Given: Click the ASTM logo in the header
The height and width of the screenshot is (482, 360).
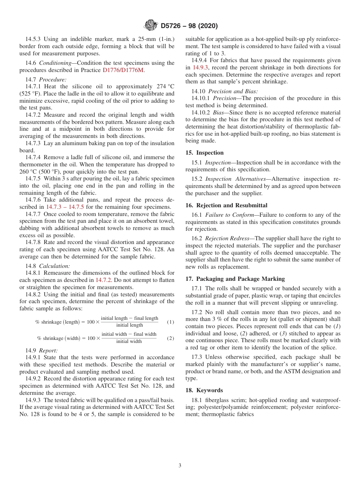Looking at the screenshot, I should pos(151,26).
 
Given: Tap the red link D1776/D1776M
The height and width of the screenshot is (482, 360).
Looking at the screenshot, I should pos(123,70).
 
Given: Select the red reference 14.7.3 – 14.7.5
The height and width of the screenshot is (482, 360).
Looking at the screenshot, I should pos(65,207).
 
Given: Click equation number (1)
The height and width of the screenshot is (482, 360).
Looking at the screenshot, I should pos(171,322).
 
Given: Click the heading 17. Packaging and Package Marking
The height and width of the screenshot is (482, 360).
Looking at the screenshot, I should pos(235,279).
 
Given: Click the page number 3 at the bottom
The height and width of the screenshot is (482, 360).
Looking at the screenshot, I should pos(180,466).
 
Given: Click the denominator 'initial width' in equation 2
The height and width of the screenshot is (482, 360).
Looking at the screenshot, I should pos(129,341).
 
